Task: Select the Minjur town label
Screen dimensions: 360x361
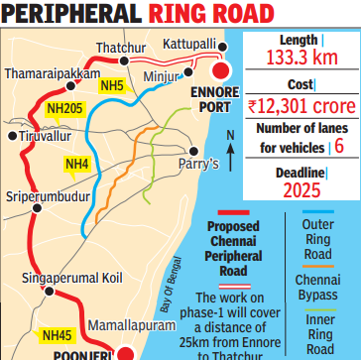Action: (x=163, y=74)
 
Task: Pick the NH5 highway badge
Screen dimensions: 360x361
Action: (x=110, y=86)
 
